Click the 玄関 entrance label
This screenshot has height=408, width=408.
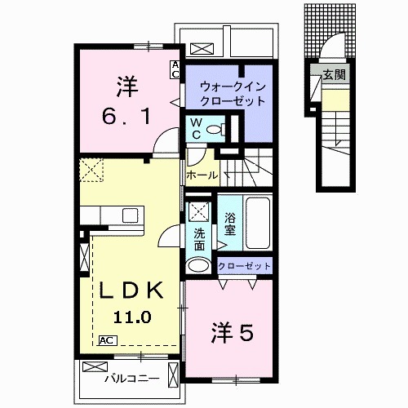tap(333, 74)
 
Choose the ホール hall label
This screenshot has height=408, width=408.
tap(202, 175)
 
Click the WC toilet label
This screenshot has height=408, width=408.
tap(197, 128)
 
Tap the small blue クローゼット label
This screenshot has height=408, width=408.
tap(244, 266)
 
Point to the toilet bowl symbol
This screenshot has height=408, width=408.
tap(214, 129)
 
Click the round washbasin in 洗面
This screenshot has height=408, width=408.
tap(198, 265)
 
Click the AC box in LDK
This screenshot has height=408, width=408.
tap(106, 339)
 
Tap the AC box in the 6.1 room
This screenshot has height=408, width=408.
tap(175, 69)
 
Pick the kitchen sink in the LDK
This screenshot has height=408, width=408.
tap(130, 215)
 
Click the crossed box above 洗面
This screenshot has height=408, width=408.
tap(198, 211)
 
